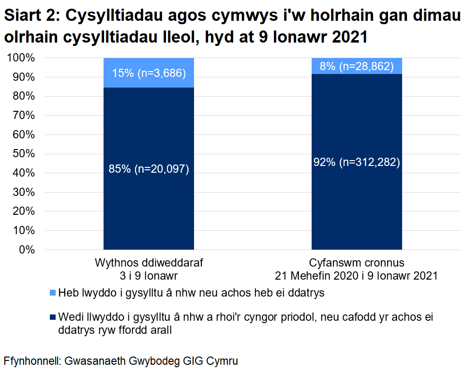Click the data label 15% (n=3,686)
149,74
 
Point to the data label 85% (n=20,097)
149,169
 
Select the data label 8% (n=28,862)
357,66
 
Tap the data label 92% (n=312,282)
357,163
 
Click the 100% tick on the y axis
21,58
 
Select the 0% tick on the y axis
27,250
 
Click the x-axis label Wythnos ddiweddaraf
149,264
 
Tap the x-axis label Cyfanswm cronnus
357,264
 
